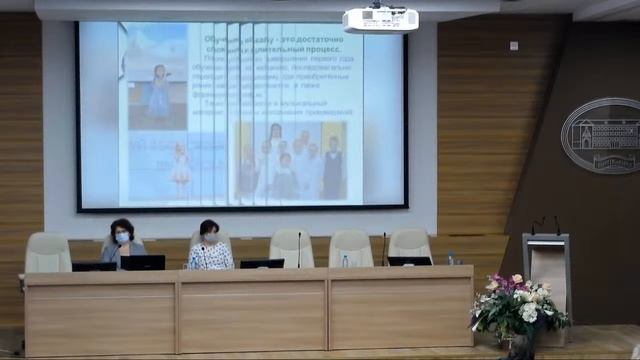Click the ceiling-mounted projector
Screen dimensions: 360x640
coord(380,19)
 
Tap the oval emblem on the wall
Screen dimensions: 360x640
coord(601,135)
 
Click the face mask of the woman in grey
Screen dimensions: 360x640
coord(123,239)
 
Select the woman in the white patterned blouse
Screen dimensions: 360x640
coord(210,249)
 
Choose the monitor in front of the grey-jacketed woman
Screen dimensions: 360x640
coord(142,263)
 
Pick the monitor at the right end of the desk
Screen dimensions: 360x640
coord(409,261)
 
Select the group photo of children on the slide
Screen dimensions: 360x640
coord(290,160)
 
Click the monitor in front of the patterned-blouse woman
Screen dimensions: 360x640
coord(262,264)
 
